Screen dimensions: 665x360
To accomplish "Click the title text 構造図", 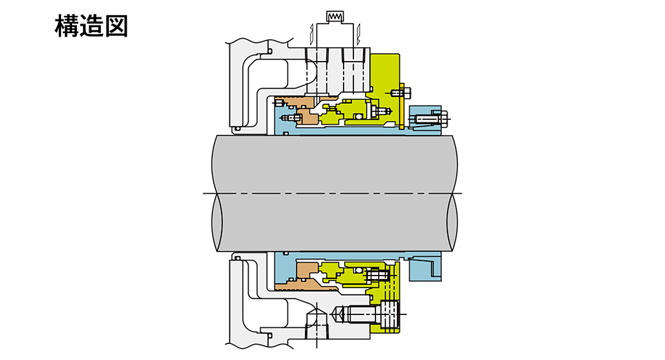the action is pos(91,26).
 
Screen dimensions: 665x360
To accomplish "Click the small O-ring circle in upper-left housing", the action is pos(267,51).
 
